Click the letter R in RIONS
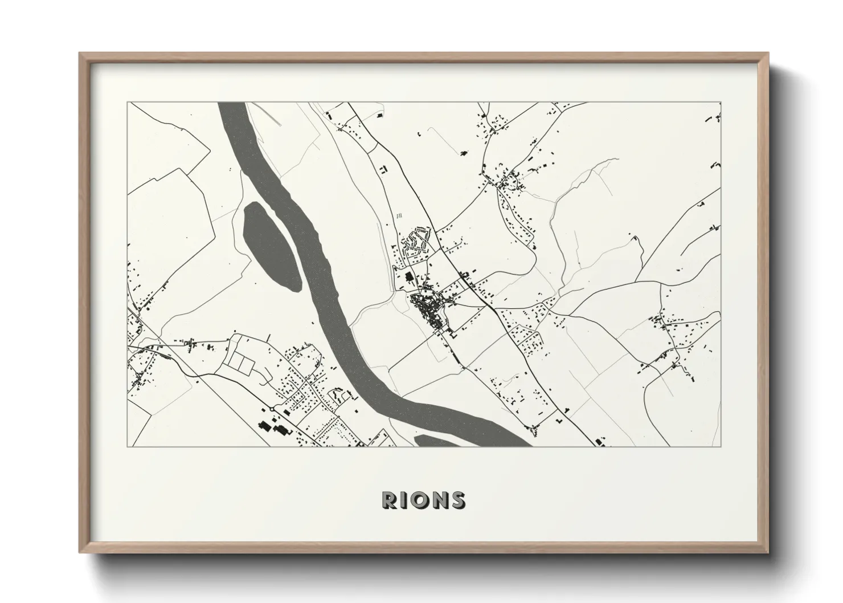click(x=391, y=500)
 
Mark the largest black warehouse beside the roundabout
click(x=264, y=425)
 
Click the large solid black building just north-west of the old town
click(x=408, y=277)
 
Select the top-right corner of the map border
click(x=721, y=103)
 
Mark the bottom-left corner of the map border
click(x=128, y=446)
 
